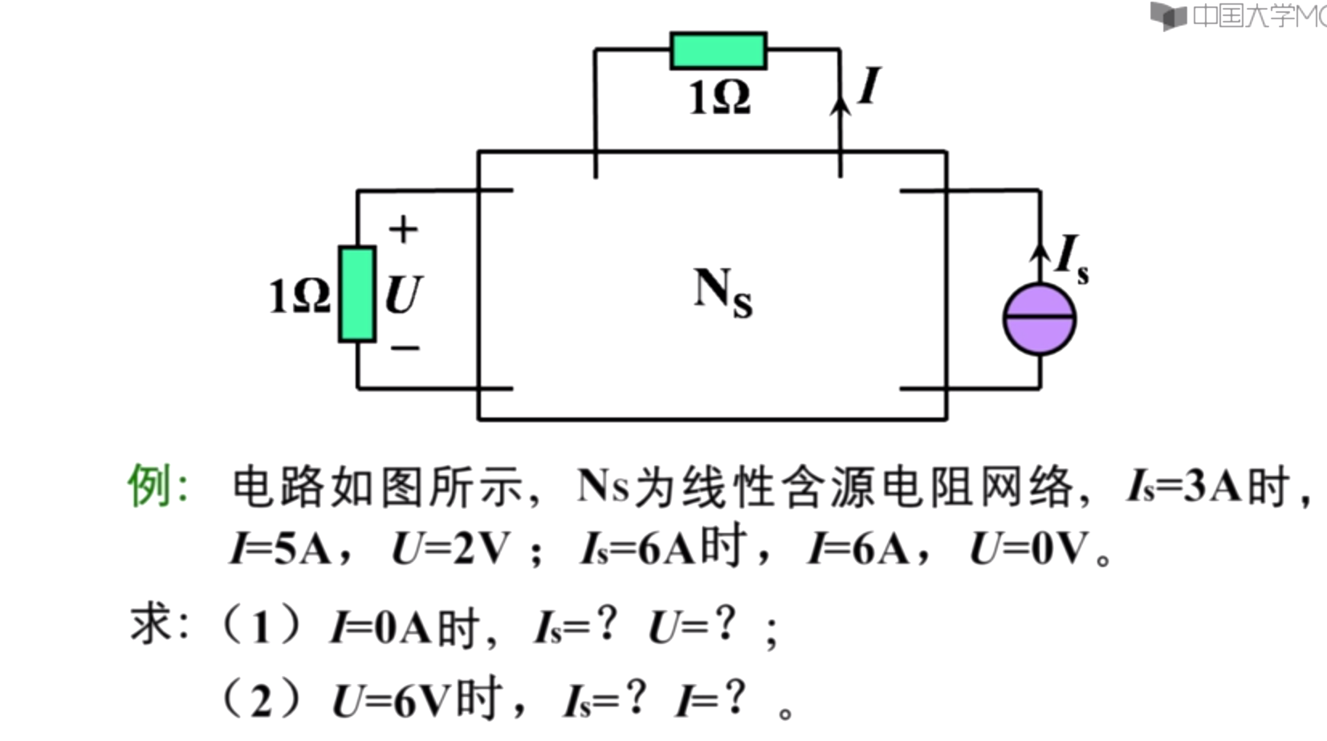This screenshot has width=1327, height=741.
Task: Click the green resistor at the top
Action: tap(718, 51)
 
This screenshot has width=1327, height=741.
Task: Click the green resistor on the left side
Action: tap(357, 294)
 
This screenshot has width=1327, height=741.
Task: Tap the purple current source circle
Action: tap(1040, 319)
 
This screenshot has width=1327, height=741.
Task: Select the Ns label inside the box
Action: tap(723, 292)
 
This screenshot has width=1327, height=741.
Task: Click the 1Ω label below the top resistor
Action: tap(719, 98)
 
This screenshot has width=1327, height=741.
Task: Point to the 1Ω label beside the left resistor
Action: tap(299, 295)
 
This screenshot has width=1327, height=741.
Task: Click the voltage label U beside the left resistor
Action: tap(403, 295)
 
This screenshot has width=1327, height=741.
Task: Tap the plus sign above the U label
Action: tap(403, 230)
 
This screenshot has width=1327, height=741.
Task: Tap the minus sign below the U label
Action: tap(405, 348)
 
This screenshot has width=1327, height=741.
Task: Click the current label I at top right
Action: tap(869, 86)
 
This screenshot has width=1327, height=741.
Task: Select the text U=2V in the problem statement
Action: tap(450, 549)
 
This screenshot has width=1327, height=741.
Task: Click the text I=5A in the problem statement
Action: tap(280, 549)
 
